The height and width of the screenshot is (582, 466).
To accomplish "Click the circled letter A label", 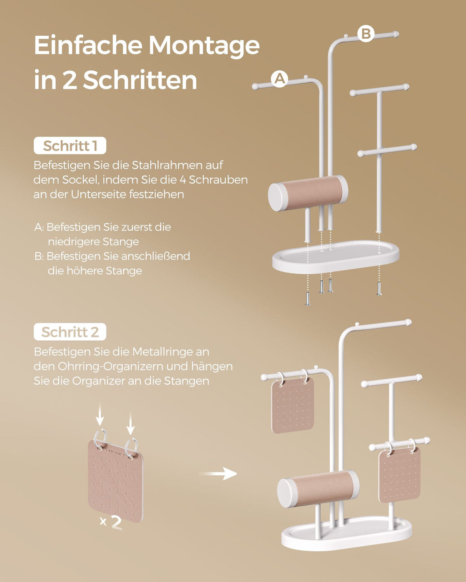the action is pyautogui.click(x=280, y=79).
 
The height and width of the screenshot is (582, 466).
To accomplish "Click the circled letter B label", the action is pyautogui.click(x=366, y=33).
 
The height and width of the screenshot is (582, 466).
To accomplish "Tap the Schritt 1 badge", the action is pyautogui.click(x=70, y=145).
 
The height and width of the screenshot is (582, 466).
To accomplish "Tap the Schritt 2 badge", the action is pyautogui.click(x=70, y=332).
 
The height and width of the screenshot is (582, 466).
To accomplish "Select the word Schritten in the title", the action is pyautogui.click(x=140, y=80).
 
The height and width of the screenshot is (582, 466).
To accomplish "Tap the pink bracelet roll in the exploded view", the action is pyautogui.click(x=308, y=193).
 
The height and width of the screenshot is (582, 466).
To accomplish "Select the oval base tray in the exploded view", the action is pyautogui.click(x=336, y=256).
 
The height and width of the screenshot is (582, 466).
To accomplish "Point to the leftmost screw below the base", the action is pyautogui.click(x=308, y=300).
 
